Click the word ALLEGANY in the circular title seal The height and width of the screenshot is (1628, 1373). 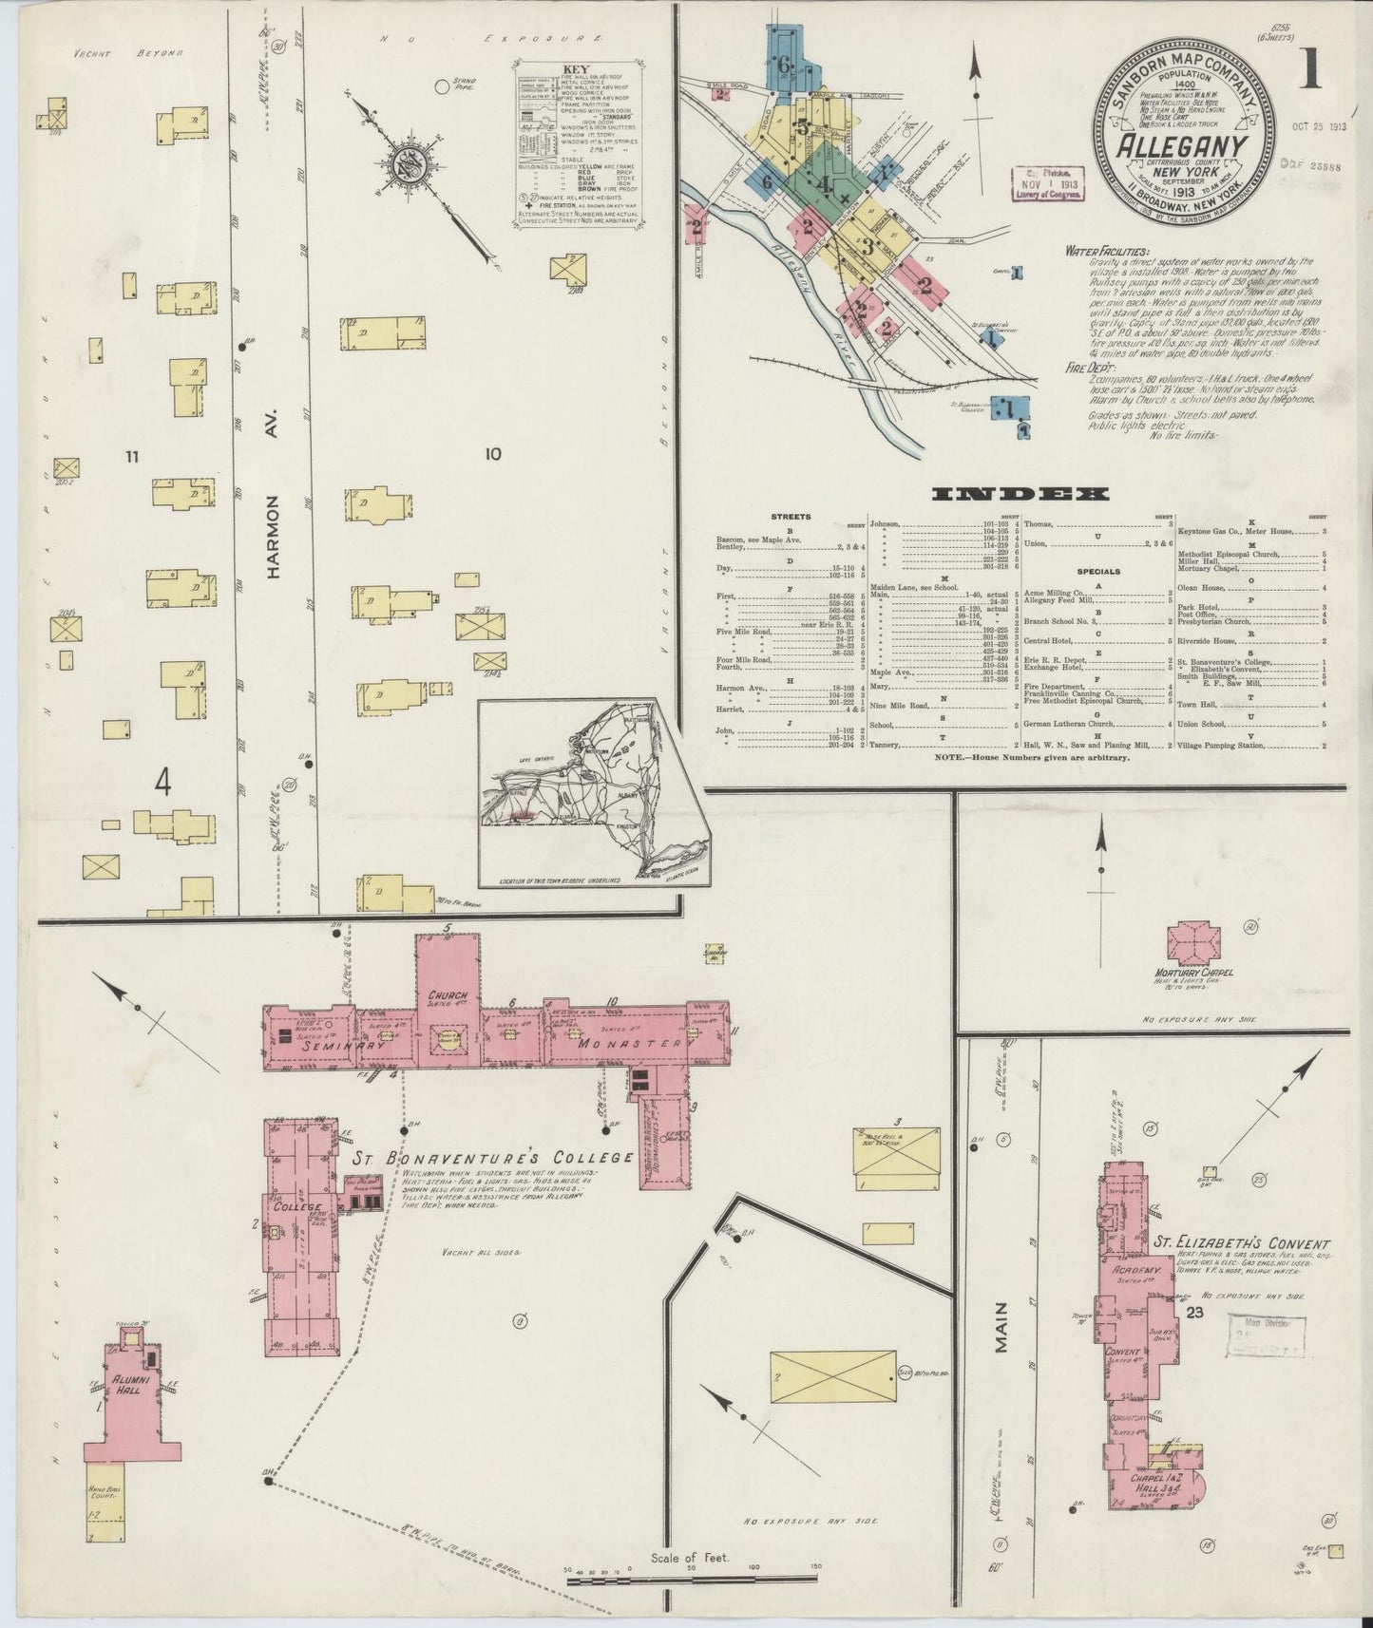pyautogui.click(x=1181, y=147)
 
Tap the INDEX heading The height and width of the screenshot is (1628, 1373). pyautogui.click(x=1021, y=494)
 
